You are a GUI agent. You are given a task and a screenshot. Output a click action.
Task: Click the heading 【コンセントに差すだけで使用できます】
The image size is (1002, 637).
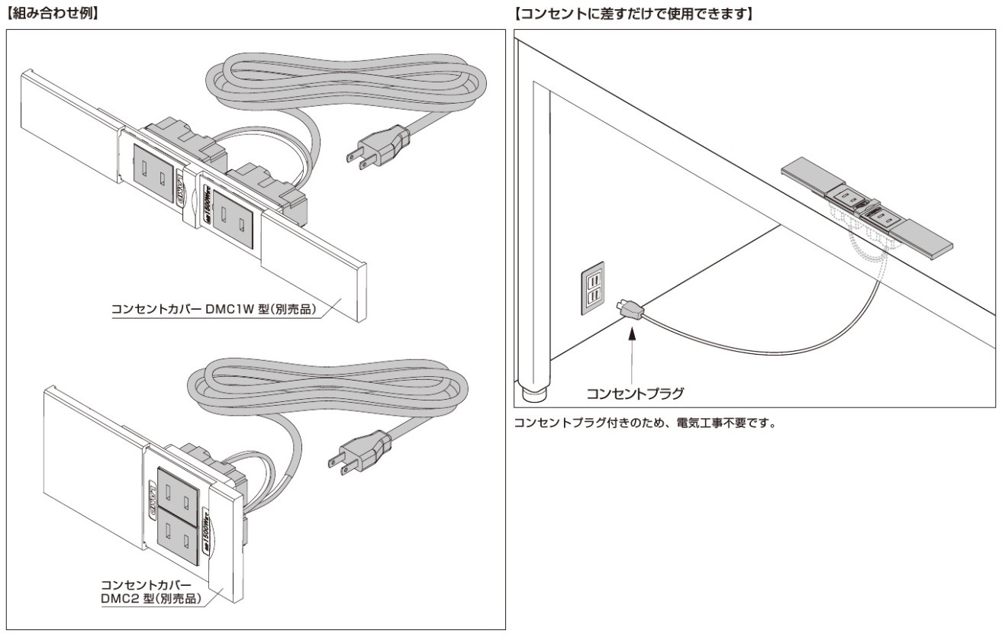[x=633, y=14]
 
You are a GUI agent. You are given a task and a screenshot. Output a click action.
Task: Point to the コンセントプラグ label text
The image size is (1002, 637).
[x=634, y=394]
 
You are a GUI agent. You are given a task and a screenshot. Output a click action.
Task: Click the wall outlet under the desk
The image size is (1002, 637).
[x=593, y=289]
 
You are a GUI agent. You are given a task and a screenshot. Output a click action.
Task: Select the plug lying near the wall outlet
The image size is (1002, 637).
[x=631, y=310]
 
